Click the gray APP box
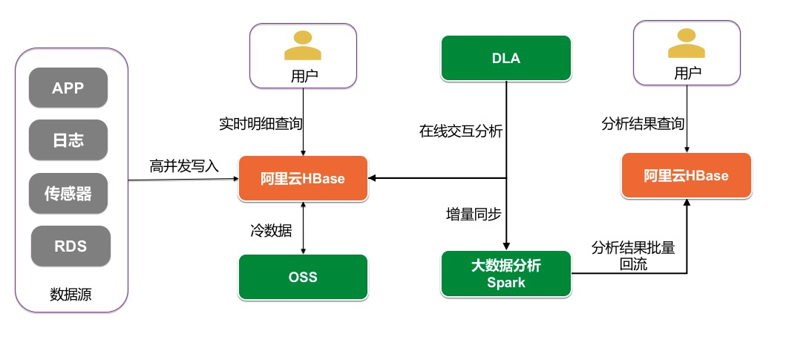click(x=68, y=88)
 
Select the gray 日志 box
click(x=68, y=140)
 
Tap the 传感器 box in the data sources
click(x=68, y=194)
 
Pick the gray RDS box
click(x=71, y=246)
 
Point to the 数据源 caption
click(x=71, y=294)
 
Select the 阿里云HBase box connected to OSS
click(x=303, y=178)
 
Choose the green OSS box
click(x=303, y=277)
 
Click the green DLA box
click(x=506, y=58)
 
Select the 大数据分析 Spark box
click(x=506, y=273)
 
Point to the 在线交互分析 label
click(x=461, y=132)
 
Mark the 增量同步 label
click(x=474, y=214)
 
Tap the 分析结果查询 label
click(x=643, y=123)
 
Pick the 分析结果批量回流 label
click(x=633, y=255)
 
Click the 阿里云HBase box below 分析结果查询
click(x=686, y=176)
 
